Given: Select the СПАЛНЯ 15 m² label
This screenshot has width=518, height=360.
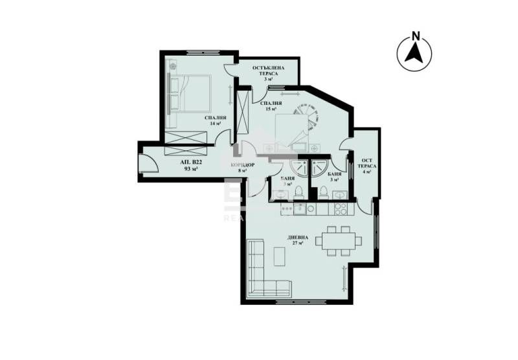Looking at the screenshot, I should click(x=271, y=106).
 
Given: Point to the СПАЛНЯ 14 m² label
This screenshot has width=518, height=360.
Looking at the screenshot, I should click(x=214, y=120).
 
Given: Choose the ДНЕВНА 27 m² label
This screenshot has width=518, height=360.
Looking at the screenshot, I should click(x=298, y=240).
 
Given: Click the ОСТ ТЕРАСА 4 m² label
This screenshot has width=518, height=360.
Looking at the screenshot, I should click(x=366, y=165).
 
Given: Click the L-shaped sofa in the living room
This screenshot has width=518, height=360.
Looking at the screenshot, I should click(x=259, y=272).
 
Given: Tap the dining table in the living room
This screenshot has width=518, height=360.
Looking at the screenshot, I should click(x=337, y=241).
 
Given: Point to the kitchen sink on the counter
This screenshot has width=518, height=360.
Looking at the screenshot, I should click(x=302, y=208).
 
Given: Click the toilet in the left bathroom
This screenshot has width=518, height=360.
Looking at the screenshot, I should click(x=298, y=190).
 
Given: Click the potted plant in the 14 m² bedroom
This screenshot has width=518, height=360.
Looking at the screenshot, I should click(x=174, y=66).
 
